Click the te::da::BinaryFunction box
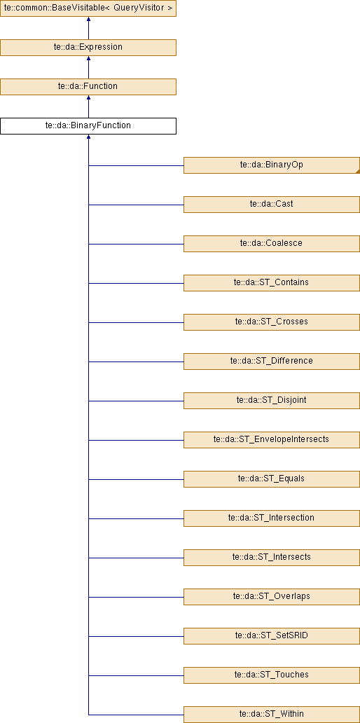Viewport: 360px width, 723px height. pyautogui.click(x=88, y=126)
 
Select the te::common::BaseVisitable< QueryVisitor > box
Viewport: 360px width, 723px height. pyautogui.click(x=88, y=8)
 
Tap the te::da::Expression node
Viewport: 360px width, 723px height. pyautogui.click(x=88, y=48)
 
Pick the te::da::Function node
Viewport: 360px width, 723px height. pyautogui.click(x=88, y=87)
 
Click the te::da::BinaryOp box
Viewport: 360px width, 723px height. pyautogui.click(x=272, y=165)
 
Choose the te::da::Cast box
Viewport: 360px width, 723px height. pyautogui.click(x=272, y=205)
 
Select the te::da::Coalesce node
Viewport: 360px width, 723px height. pyautogui.click(x=272, y=244)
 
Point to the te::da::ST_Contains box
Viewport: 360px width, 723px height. pyautogui.click(x=272, y=282)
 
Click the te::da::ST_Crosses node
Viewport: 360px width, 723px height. pyautogui.click(x=272, y=322)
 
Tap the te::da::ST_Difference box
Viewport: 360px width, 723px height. pyautogui.click(x=272, y=361)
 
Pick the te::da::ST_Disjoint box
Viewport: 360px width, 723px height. pyautogui.click(x=272, y=400)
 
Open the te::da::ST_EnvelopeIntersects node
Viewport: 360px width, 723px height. pyautogui.click(x=272, y=439)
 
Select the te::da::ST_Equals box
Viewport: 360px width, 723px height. pyautogui.click(x=272, y=478)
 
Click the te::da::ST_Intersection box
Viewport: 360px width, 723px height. pyautogui.click(x=272, y=518)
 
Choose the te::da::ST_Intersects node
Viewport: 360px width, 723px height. pyautogui.click(x=272, y=557)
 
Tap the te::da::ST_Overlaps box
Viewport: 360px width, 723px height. pyautogui.click(x=272, y=596)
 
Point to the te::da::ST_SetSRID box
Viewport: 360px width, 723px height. pyautogui.click(x=272, y=635)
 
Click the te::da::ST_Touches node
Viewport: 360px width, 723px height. pyautogui.click(x=272, y=675)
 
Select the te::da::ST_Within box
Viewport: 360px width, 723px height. pyautogui.click(x=272, y=714)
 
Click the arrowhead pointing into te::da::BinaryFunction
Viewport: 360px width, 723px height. pyautogui.click(x=88, y=137)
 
